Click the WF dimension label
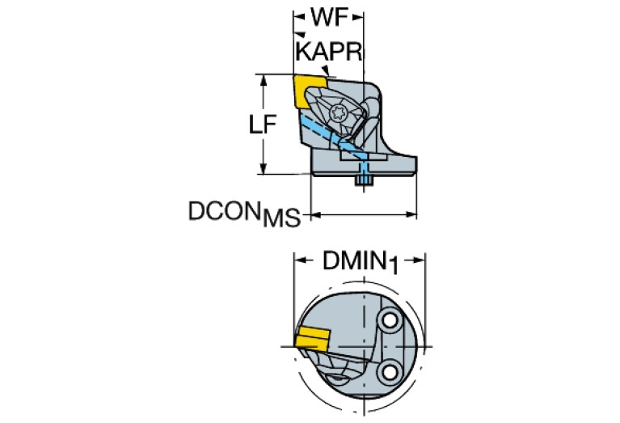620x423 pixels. [x=329, y=18]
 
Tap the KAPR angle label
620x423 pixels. [x=329, y=52]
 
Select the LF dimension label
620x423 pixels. [x=262, y=125]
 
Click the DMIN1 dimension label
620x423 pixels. [x=361, y=262]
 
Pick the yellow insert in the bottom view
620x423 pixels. [x=312, y=338]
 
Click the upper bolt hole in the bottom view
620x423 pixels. [x=390, y=320]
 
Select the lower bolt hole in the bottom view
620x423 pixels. [x=390, y=371]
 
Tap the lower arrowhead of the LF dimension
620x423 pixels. [x=264, y=168]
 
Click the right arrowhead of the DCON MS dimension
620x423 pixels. [x=411, y=215]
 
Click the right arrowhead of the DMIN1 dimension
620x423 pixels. [x=420, y=260]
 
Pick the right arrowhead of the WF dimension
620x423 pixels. [x=358, y=17]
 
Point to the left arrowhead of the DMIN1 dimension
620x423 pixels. [x=300, y=260]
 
